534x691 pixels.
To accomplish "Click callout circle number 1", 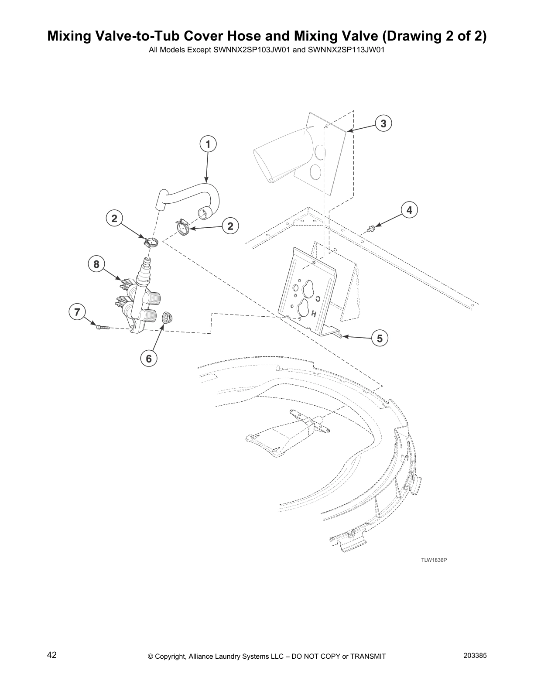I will pyautogui.click(x=208, y=144).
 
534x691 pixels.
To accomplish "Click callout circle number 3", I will pyautogui.click(x=383, y=123).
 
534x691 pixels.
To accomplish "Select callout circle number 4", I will pyautogui.click(x=409, y=210).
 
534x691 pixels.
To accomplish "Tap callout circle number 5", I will pyautogui.click(x=380, y=338).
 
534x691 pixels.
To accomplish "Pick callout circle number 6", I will pyautogui.click(x=149, y=359).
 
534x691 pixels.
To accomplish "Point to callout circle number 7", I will pyautogui.click(x=77, y=312).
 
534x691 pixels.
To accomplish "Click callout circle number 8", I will pyautogui.click(x=96, y=264).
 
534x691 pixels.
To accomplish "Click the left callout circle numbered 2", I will pyautogui.click(x=114, y=218).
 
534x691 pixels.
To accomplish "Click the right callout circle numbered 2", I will pyautogui.click(x=230, y=226).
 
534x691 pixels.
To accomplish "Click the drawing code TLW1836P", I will pyautogui.click(x=434, y=560).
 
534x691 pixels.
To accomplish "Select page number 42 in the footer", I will pyautogui.click(x=52, y=655).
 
